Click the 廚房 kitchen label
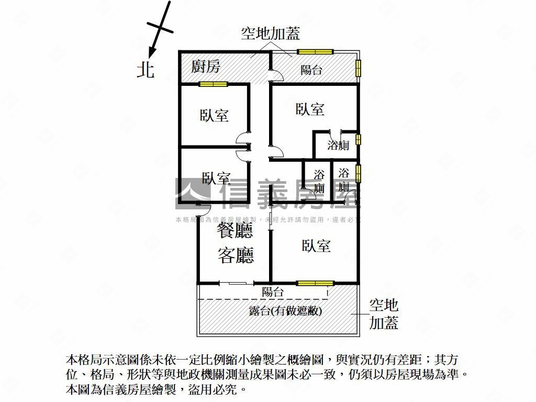pyautogui.click(x=206, y=66)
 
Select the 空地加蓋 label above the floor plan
pyautogui.click(x=270, y=34)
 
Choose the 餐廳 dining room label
pyautogui.click(x=235, y=231)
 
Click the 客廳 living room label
pyautogui.click(x=235, y=256)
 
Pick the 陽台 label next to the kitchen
pyautogui.click(x=311, y=70)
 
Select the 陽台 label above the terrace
pyautogui.click(x=273, y=292)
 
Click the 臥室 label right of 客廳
pyautogui.click(x=316, y=245)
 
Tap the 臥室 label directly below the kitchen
pyautogui.click(x=214, y=115)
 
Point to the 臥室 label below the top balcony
pyautogui.click(x=310, y=109)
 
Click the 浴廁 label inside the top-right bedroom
pyautogui.click(x=338, y=146)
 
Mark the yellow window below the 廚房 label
pyautogui.click(x=213, y=84)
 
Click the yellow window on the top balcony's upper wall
pyautogui.click(x=315, y=51)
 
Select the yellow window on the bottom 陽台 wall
pyautogui.click(x=315, y=283)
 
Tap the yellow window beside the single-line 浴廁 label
pyautogui.click(x=359, y=139)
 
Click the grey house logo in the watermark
pyautogui.click(x=192, y=191)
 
